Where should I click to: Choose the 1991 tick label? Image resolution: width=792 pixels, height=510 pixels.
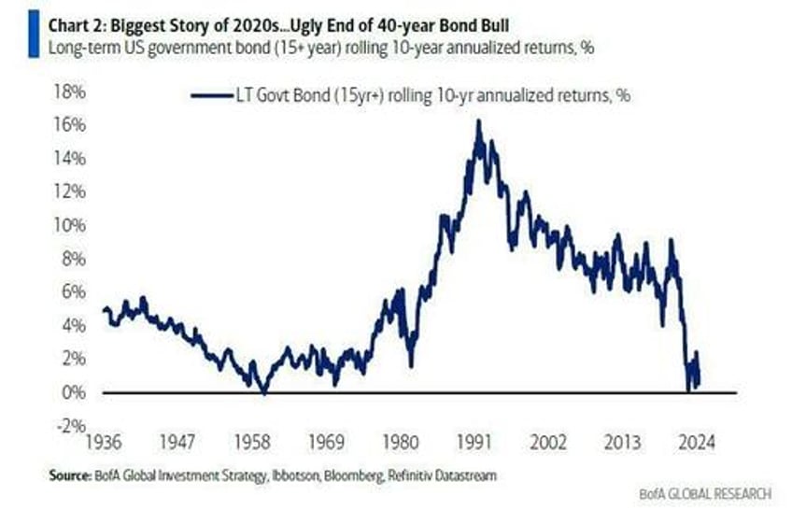[x=476, y=442]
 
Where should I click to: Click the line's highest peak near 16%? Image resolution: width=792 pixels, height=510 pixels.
[x=478, y=120]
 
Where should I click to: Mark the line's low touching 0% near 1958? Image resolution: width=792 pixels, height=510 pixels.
[x=263, y=392]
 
